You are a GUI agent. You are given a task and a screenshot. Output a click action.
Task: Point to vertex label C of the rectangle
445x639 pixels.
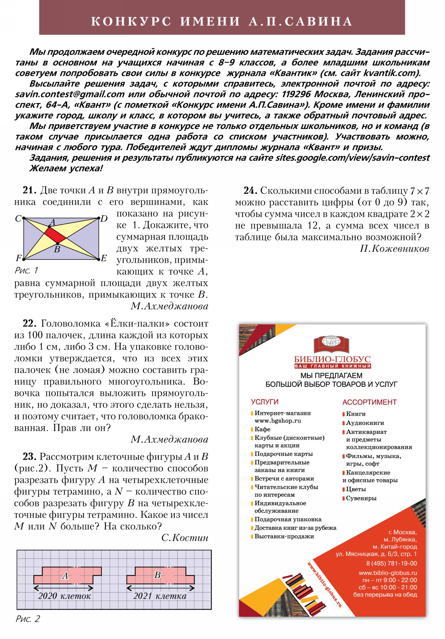(18, 218)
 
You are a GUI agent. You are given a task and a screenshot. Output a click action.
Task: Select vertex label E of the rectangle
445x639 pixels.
(104, 258)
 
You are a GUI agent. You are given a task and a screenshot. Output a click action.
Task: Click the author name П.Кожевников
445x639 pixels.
(394, 249)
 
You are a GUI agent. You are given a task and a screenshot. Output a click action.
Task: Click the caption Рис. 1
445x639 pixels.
(26, 270)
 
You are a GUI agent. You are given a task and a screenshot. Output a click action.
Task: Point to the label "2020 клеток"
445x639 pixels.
(64, 596)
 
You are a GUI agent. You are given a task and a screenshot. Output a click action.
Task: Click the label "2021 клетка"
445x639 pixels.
(160, 596)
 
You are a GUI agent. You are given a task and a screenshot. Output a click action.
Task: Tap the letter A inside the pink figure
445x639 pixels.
(65, 575)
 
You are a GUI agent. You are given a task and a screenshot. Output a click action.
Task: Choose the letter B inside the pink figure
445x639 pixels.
(157, 575)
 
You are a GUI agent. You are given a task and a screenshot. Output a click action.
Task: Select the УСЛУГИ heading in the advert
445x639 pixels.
(264, 402)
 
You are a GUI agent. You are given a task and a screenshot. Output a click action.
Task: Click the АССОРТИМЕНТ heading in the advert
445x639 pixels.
(369, 402)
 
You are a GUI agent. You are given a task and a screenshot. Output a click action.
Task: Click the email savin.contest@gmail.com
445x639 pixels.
(70, 94)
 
